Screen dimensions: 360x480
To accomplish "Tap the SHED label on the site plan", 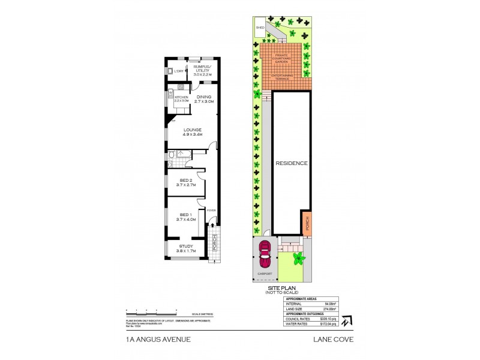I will coord(260,28).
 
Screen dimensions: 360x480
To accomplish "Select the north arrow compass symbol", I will coord(346,320).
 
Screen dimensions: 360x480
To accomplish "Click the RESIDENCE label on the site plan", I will coord(292,163).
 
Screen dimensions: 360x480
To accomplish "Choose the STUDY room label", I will coord(186,246).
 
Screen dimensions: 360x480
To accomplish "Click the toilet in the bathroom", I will coord(171,155).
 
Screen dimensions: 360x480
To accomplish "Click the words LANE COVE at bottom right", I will coord(334,339).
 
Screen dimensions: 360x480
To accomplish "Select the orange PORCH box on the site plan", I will coord(308,223).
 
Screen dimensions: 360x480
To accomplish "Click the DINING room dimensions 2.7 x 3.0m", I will coord(204,102).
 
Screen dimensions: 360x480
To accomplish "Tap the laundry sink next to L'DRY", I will coord(170,71).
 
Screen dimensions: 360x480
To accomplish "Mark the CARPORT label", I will coord(265,274).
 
